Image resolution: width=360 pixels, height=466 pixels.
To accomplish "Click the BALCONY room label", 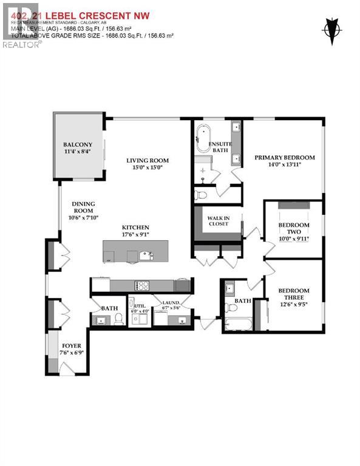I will coord(77,144).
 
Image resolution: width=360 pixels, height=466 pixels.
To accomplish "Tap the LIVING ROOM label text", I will coord(144,160).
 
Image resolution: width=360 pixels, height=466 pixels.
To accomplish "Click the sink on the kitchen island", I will coord(146,255).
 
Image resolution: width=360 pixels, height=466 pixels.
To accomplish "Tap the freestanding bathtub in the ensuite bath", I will coord(202,138).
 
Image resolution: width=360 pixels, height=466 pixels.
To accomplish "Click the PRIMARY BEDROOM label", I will coord(284,157).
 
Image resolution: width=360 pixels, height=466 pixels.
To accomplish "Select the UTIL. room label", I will coord(140,307).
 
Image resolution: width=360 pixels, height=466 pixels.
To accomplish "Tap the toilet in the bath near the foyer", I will coord(119,319).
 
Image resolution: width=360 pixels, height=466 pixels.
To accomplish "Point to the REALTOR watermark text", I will coord(22,44).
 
